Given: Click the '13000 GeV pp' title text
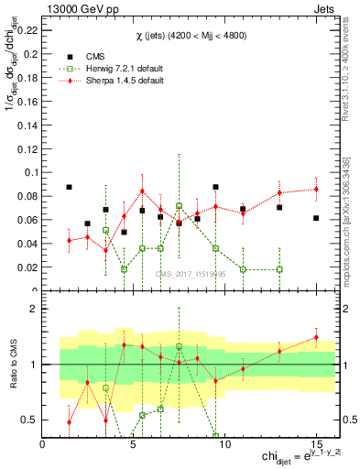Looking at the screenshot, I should [x=74, y=8].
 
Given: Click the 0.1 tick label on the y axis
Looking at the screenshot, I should [x=31, y=172].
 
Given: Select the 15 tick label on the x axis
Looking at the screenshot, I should [x=315, y=443].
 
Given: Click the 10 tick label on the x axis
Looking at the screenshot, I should [x=224, y=443].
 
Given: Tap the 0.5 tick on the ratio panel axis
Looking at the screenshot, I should [x=31, y=420].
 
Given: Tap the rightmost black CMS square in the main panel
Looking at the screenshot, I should [x=315, y=218].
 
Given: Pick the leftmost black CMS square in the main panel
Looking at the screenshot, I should [x=70, y=187].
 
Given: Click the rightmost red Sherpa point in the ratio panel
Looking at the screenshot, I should [x=315, y=337].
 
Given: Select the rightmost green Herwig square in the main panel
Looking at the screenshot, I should [x=279, y=269].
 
